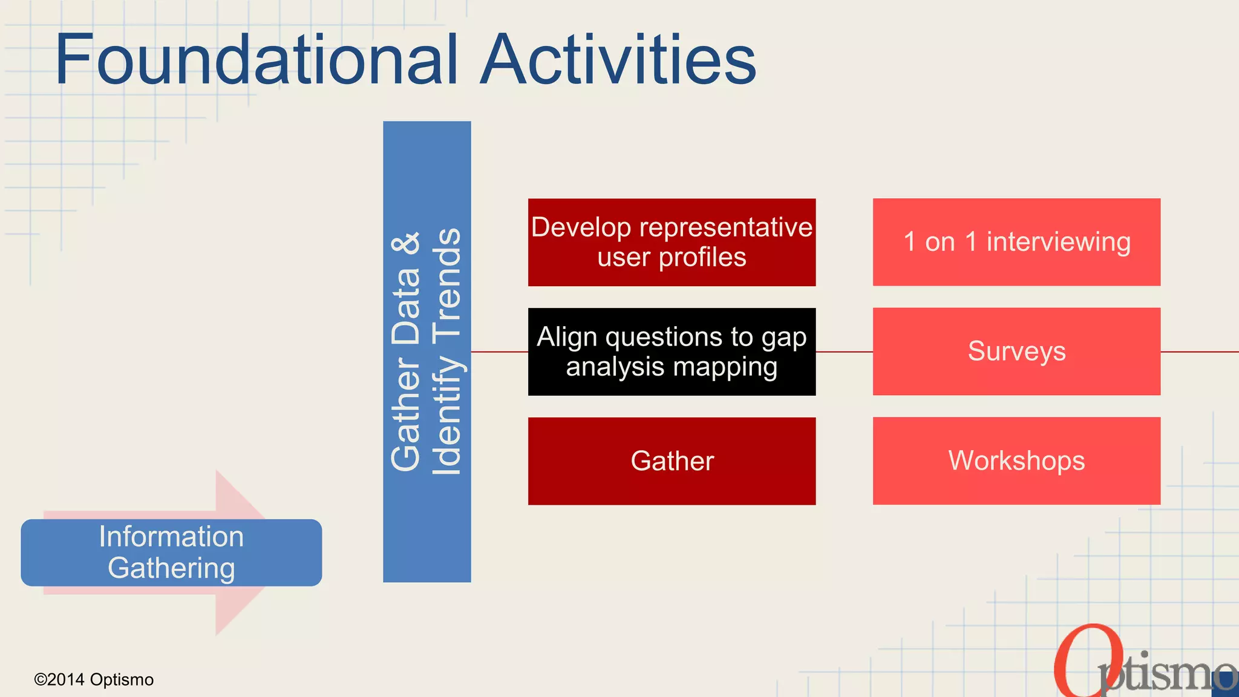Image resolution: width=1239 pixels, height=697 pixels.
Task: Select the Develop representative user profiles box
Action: pos(672,242)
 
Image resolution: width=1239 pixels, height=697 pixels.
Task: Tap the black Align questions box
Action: pos(672,352)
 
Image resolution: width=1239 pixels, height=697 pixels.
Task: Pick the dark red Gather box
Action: pos(672,461)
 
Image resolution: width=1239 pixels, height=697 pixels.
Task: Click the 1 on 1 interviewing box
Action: pos(1016,242)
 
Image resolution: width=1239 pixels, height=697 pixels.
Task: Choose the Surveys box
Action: pos(1016,352)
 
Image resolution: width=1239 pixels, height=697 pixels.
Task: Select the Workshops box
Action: pos(1016,461)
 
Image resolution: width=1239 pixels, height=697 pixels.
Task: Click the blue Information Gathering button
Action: pos(171,552)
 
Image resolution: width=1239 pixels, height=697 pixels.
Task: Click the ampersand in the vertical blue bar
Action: pos(406,243)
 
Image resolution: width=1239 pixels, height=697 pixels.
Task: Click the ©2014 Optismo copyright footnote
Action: pos(94,679)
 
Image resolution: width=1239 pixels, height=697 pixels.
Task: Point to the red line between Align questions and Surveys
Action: pos(844,352)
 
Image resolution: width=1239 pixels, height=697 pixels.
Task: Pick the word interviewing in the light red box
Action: pos(1058,242)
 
